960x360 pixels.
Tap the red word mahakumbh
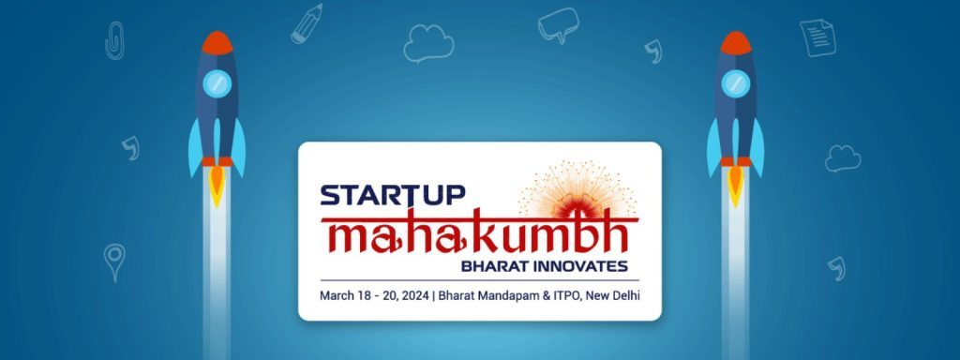478,233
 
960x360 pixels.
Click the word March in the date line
338,296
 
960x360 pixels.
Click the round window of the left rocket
217,82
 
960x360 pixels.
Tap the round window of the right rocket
736,82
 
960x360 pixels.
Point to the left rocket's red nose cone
217,43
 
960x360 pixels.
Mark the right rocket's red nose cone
736,43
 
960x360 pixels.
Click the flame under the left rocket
217,181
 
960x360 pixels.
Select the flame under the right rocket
736,181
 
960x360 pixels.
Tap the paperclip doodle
113,39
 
